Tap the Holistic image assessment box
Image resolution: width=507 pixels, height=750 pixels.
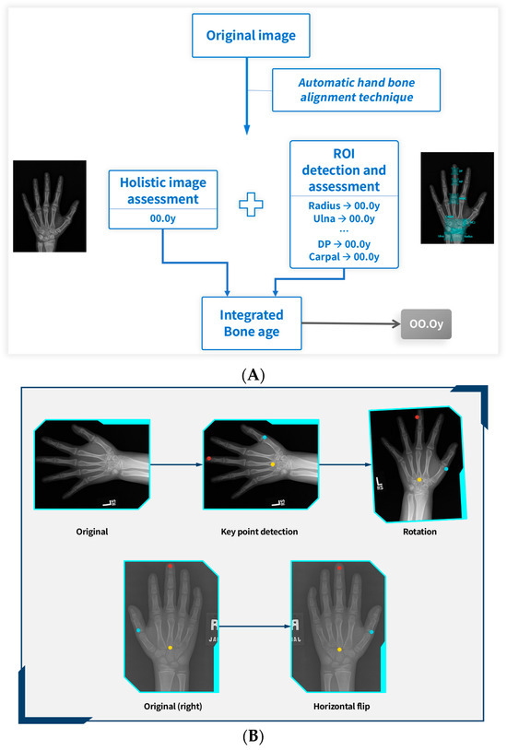pos(162,199)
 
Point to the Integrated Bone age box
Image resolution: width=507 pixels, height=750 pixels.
pos(252,322)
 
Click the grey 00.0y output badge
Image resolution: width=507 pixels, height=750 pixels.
pos(427,324)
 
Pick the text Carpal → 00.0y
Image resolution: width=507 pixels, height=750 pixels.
pos(344,256)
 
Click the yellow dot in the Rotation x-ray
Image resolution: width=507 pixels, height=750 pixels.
pos(419,480)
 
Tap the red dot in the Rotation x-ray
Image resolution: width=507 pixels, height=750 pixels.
pos(418,417)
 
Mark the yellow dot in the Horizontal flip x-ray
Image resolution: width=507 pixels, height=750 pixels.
pos(339,650)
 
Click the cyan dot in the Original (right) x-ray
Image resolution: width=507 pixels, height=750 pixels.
pos(138,630)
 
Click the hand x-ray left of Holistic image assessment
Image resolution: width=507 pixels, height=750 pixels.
pos(49,205)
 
